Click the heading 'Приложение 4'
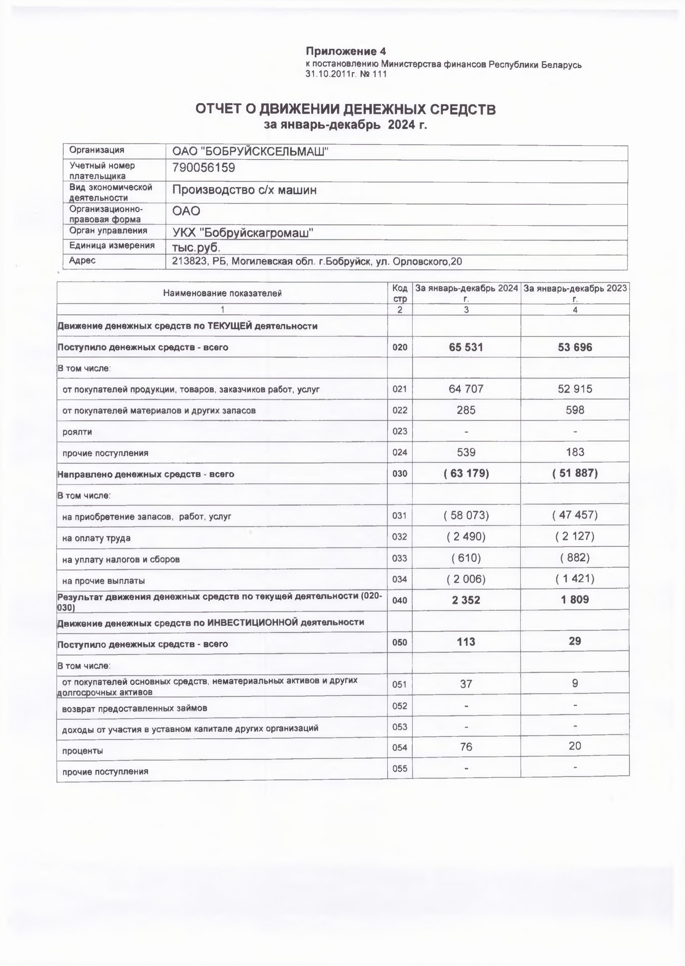(x=345, y=52)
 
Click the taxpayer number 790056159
(x=203, y=168)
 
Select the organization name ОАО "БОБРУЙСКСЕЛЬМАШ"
(x=250, y=151)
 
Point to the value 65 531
(x=466, y=347)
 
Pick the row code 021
(x=399, y=389)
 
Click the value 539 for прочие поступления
(x=466, y=452)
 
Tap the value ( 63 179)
(x=466, y=473)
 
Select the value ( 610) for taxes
(x=466, y=558)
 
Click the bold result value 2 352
(x=466, y=600)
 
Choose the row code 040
(x=399, y=600)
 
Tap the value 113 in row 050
(x=466, y=642)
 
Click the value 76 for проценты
(x=466, y=747)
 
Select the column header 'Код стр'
(x=399, y=293)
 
